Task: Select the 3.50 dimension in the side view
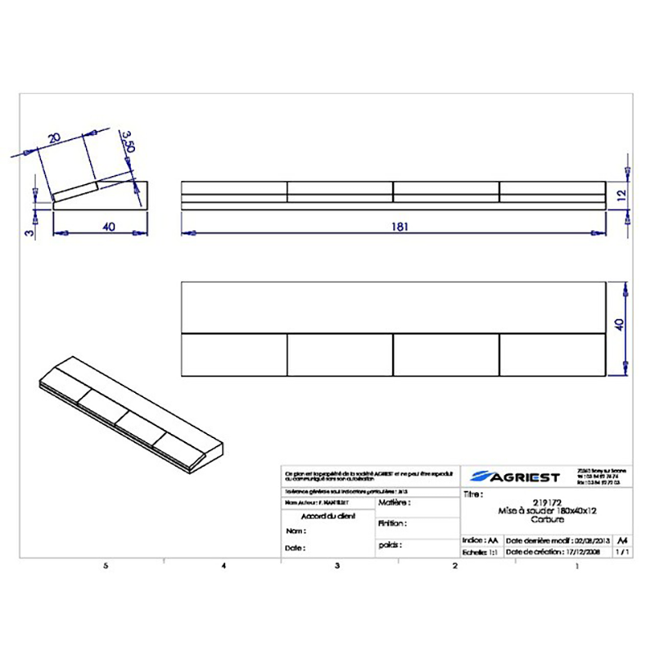coord(127,142)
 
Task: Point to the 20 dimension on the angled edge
coord(55,139)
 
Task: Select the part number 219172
coord(546,503)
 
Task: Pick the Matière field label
coord(393,502)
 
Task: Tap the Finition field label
coord(392,522)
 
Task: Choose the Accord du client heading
coord(328,517)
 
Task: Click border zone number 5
coord(105,566)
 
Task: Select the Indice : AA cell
coord(481,541)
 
